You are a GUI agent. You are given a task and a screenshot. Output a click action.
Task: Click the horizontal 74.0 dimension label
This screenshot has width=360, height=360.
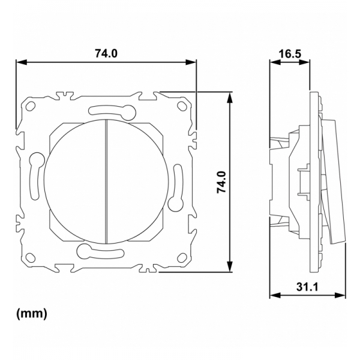(x=106, y=53)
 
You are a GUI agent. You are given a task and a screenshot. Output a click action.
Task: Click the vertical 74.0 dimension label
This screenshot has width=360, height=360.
(x=222, y=182)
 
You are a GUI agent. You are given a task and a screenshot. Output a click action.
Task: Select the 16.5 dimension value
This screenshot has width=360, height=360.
(x=290, y=54)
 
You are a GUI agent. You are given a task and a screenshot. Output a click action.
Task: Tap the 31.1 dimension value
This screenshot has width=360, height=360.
(x=307, y=287)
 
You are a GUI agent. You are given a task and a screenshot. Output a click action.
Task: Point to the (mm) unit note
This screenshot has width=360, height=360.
(x=32, y=313)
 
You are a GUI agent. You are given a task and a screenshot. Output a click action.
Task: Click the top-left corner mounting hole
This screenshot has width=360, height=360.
(x=31, y=106)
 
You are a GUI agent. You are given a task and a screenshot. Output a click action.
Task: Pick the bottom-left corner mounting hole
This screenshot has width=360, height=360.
(x=31, y=257)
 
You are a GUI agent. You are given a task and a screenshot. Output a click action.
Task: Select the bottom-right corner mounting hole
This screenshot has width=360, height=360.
(x=182, y=257)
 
